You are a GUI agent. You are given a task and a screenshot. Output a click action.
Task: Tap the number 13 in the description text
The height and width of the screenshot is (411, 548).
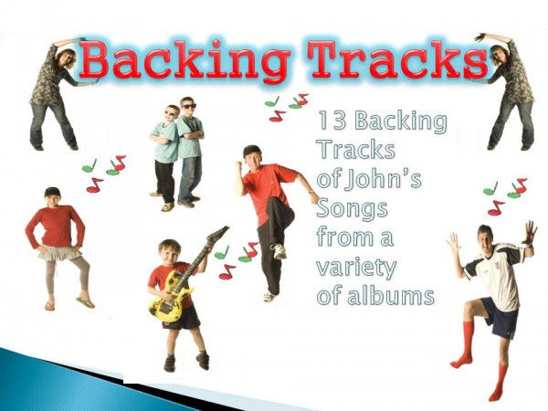coord(330,121)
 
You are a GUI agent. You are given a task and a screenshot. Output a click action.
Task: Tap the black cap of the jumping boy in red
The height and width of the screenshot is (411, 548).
coord(252,150)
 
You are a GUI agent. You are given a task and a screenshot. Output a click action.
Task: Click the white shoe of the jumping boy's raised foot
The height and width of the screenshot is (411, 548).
coord(279,250)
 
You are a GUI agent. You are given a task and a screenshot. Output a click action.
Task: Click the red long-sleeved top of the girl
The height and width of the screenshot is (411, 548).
coord(55,225)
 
